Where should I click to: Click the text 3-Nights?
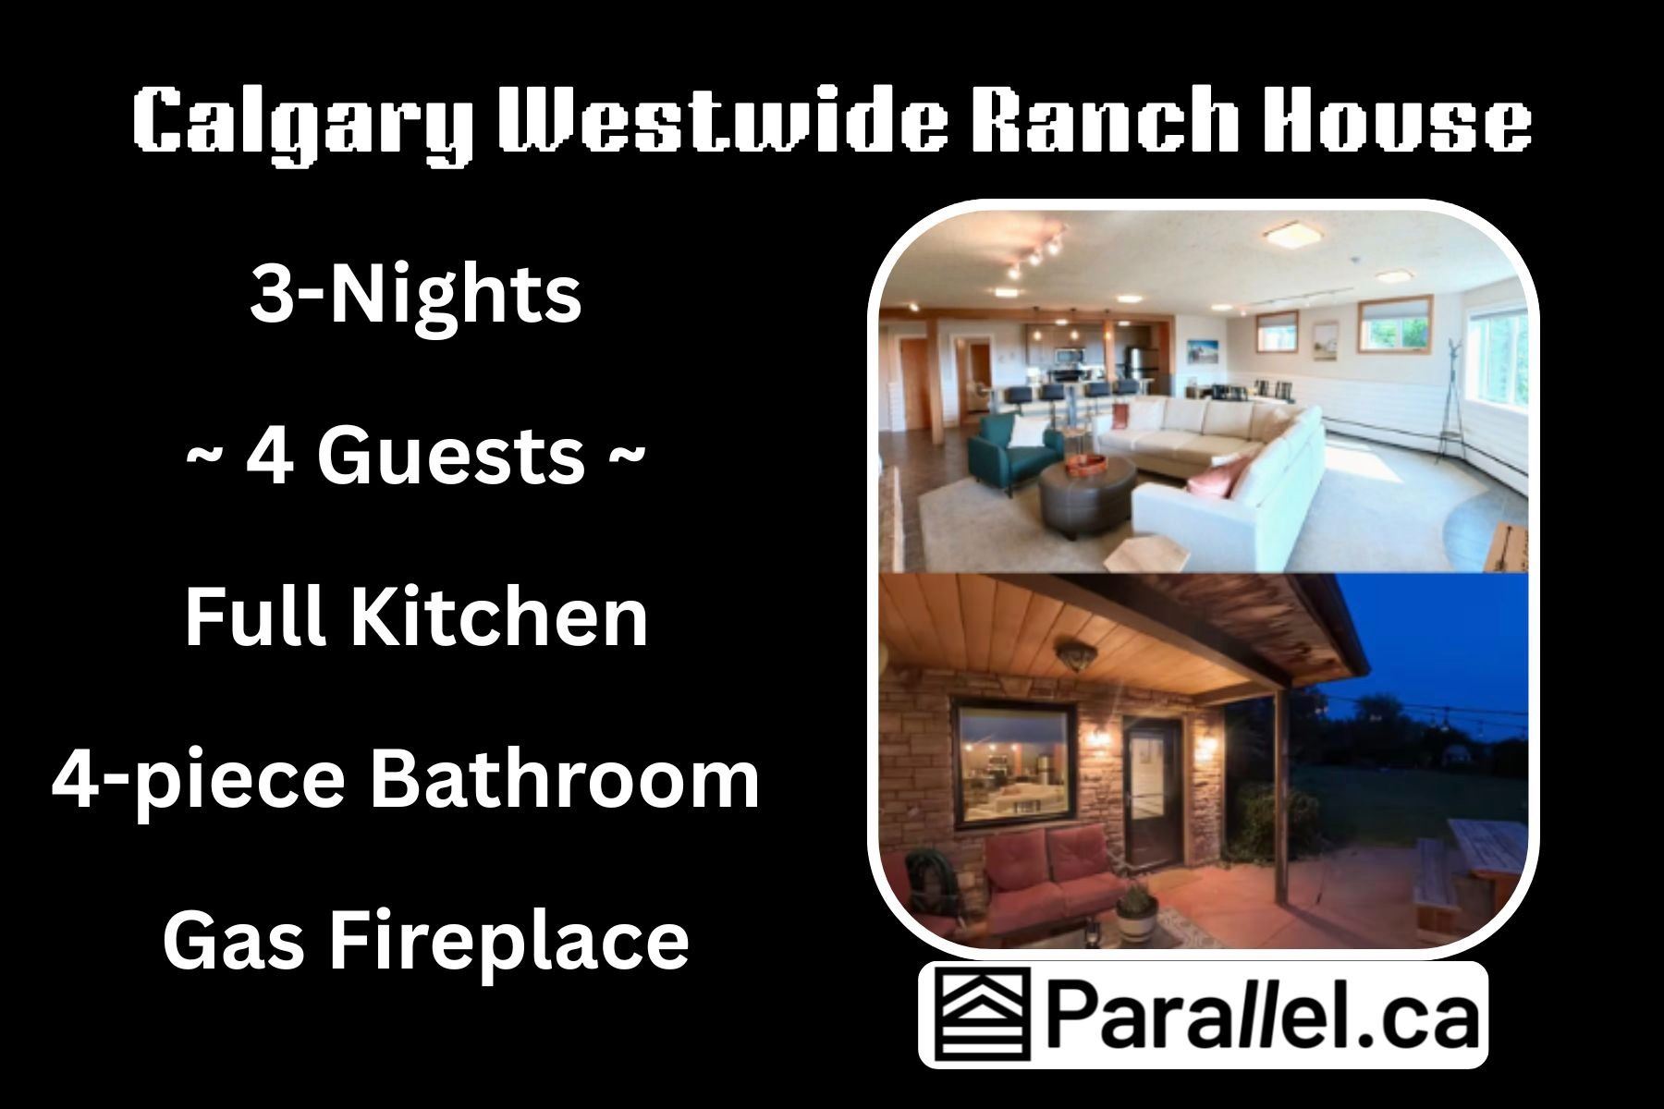coord(416,296)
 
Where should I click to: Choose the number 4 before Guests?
coord(268,457)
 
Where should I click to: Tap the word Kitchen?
coord(498,616)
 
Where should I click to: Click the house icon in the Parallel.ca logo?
coord(981,1015)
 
